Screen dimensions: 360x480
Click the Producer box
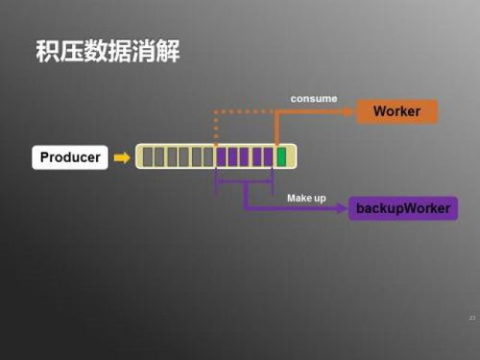(x=70, y=156)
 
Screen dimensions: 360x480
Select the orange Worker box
(x=396, y=111)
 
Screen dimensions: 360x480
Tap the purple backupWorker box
(x=402, y=207)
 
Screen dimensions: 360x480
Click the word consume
(x=313, y=98)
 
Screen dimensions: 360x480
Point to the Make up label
(x=306, y=198)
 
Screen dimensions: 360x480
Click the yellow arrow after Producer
(x=122, y=156)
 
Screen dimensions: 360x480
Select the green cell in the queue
(x=281, y=156)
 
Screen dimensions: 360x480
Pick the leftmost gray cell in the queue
(x=147, y=156)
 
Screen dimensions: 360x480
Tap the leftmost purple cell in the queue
(x=221, y=156)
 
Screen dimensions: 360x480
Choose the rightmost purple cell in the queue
(x=269, y=156)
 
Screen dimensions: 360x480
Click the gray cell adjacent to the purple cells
(x=208, y=156)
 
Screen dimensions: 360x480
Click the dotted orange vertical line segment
(x=216, y=128)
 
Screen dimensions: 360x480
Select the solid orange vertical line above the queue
(x=276, y=128)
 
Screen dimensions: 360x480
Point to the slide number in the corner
(x=471, y=317)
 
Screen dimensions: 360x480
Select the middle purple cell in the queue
(x=245, y=156)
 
